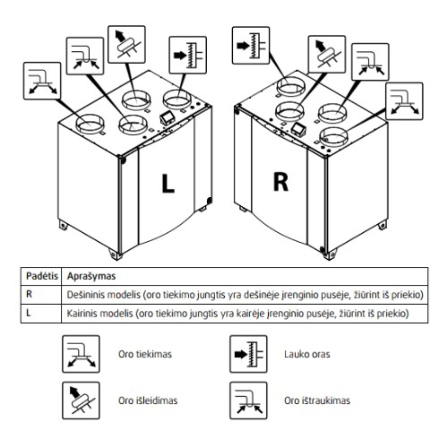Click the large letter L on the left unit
pos(168,183)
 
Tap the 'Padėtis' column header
pos(42,276)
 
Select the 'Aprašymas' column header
pos(91,276)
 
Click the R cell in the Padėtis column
pos(29,294)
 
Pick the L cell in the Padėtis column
pos(29,313)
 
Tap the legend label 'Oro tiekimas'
pos(145,354)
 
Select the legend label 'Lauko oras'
pos(307,354)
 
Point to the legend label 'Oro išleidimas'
pos(148,401)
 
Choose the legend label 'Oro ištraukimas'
pos(317,401)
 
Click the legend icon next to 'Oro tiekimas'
pos(81,354)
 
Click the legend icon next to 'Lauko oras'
pos(248,354)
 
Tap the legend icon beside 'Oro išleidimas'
pos(81,401)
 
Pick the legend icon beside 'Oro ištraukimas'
pos(248,401)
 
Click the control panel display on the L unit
pos(168,117)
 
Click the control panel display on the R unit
pos(297,129)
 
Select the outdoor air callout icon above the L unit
pos(188,56)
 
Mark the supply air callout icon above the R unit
pos(404,101)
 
